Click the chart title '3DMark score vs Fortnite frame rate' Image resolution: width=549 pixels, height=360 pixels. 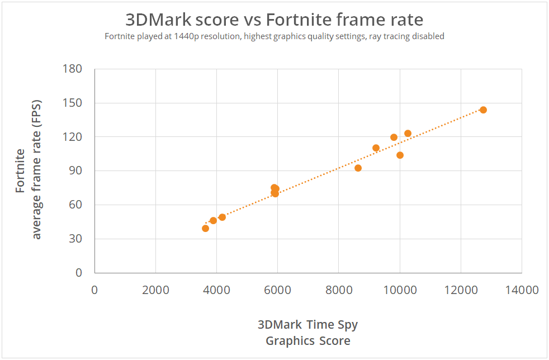pos(274,20)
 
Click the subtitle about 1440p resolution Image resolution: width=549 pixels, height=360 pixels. pos(274,36)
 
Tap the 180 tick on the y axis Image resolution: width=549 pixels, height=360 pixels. pos(73,69)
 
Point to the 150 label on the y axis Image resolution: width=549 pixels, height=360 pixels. pos(73,103)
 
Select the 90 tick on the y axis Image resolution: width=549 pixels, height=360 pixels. pos(76,171)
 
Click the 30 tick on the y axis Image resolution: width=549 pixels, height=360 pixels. pos(76,239)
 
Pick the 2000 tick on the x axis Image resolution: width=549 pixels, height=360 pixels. pos(155,290)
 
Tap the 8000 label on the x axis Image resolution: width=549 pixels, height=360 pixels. pos(338,290)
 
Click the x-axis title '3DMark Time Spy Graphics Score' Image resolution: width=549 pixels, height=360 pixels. pos(307,333)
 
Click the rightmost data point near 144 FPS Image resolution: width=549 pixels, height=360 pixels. pos(483,110)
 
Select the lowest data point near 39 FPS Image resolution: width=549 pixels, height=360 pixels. pos(205,228)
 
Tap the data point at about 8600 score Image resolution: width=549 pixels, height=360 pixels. pos(358,168)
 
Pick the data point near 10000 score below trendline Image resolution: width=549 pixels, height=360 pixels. pos(400,155)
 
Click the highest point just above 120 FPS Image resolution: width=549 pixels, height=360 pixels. pos(408,133)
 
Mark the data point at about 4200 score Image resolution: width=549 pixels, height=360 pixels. pos(222,217)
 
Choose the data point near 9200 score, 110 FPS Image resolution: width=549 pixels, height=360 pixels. pos(376,148)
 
